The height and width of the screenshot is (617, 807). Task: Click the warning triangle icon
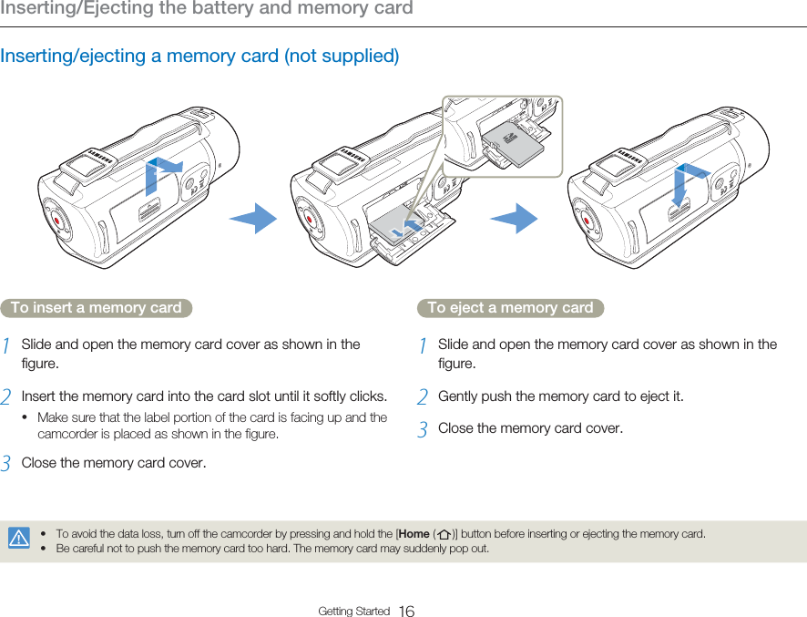click(x=18, y=539)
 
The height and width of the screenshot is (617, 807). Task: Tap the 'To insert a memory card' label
click(x=96, y=308)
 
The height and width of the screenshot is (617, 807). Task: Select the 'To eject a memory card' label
click(x=510, y=308)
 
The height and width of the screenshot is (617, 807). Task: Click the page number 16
click(x=406, y=611)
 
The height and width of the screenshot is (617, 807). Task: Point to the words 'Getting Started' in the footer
click(x=353, y=611)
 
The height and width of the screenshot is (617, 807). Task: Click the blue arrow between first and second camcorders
click(x=254, y=219)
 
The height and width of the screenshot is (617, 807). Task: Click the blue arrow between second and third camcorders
click(x=515, y=220)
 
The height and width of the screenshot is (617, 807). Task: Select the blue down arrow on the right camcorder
click(x=687, y=186)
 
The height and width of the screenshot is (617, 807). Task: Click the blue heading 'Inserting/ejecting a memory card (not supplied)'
click(x=199, y=56)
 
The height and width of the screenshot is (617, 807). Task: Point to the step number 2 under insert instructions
click(x=6, y=397)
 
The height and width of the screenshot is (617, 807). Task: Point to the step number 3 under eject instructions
click(x=423, y=429)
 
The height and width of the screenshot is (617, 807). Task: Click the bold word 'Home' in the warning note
click(x=414, y=533)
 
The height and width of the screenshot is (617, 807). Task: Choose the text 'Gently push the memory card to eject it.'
click(x=560, y=396)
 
